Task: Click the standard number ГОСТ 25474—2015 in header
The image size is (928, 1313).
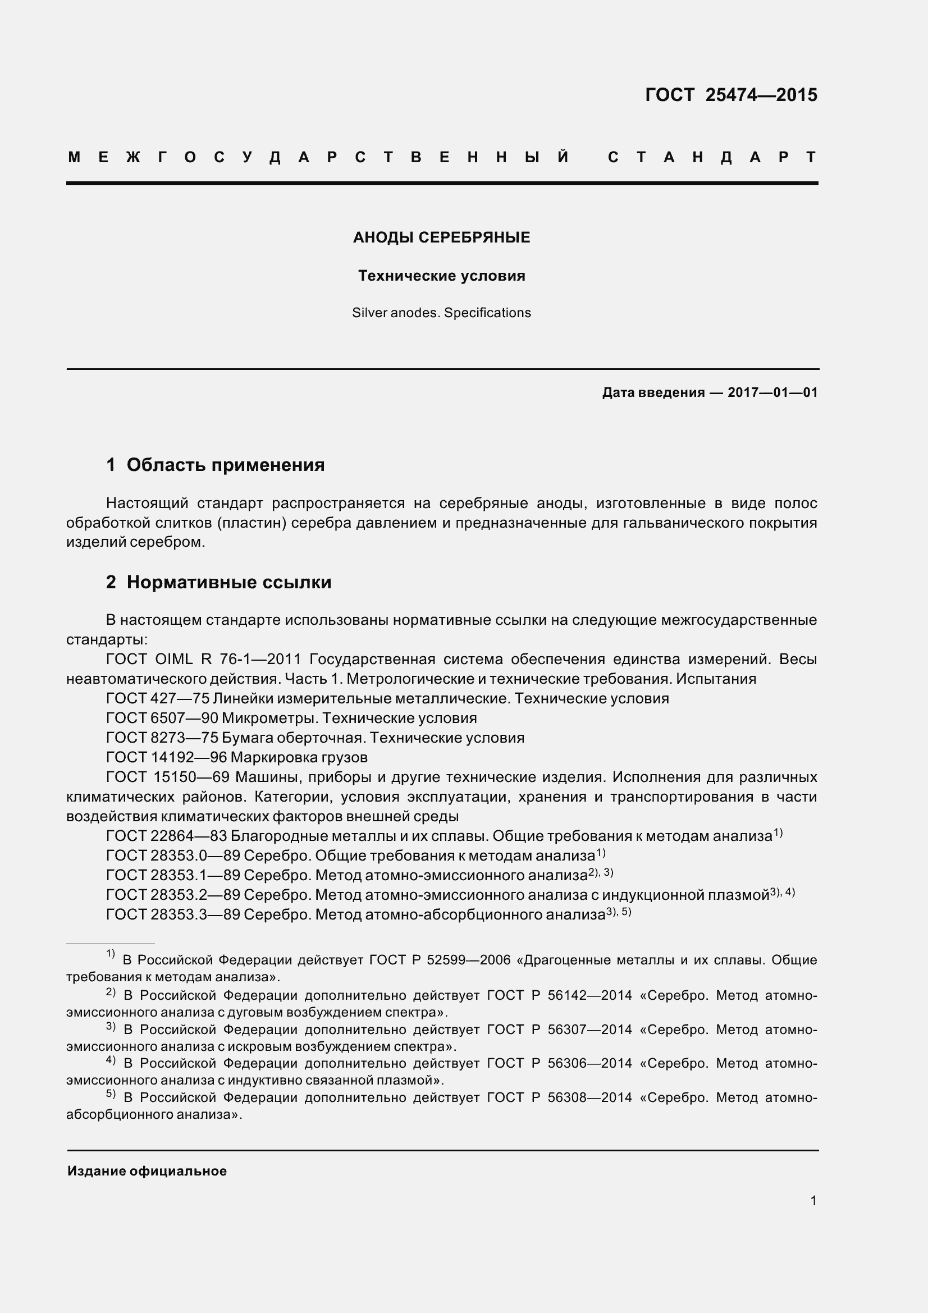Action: (731, 95)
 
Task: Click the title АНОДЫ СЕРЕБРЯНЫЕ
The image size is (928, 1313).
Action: (441, 237)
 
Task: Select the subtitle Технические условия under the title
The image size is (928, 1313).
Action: (441, 276)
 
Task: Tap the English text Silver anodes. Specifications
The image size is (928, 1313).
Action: (441, 313)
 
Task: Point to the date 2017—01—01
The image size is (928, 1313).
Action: (772, 392)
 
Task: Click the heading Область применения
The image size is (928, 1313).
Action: (225, 465)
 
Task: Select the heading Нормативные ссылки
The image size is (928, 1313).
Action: (228, 582)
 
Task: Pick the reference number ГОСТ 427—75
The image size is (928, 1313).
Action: (158, 698)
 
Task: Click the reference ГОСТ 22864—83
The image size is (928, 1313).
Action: (166, 836)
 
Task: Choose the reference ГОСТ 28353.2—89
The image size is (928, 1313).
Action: (173, 895)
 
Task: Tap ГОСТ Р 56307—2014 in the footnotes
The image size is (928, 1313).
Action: (559, 1030)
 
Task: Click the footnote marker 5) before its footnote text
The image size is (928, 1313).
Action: (111, 1095)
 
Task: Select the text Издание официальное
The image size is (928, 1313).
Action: (147, 1171)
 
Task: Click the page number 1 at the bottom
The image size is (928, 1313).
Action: (813, 1200)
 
